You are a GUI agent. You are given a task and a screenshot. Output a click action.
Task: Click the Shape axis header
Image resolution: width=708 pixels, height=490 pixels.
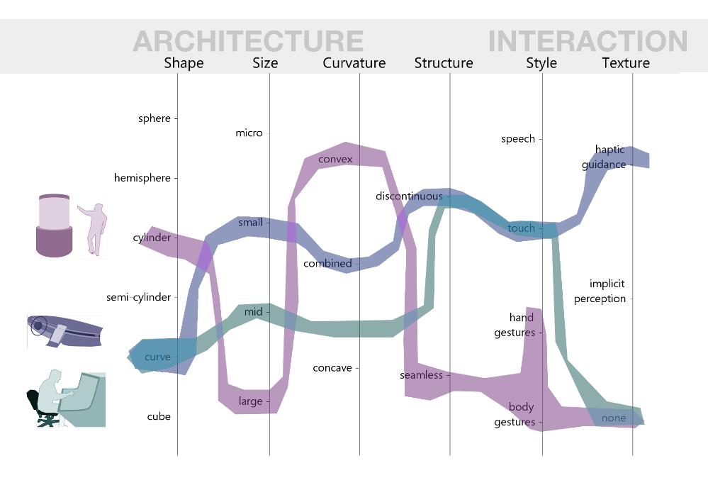coord(184,63)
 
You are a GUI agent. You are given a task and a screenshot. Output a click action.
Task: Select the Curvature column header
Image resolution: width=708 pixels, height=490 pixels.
coord(354,63)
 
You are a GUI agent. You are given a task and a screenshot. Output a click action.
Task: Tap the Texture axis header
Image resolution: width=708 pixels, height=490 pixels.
coord(626,63)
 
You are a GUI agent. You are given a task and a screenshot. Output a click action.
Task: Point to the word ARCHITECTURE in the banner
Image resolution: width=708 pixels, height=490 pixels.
coord(248,41)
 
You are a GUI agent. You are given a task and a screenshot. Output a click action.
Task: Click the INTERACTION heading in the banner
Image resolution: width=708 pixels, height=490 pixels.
coord(588,41)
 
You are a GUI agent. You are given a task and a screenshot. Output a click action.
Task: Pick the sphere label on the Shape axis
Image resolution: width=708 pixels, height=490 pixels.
coord(154,118)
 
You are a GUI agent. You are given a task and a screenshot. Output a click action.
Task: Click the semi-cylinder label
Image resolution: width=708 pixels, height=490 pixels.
coord(138,297)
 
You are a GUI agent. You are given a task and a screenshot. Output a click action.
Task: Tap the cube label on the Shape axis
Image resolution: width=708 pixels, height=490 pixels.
coord(159,416)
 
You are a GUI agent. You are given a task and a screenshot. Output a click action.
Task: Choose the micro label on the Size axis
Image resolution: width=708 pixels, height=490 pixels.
coord(249,133)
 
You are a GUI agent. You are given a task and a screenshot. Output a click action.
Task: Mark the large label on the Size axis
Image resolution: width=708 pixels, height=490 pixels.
coord(250,401)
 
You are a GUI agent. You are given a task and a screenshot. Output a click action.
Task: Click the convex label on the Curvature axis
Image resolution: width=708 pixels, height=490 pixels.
coord(335,159)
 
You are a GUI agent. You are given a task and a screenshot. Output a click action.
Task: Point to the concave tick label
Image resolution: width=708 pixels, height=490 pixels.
coord(332,368)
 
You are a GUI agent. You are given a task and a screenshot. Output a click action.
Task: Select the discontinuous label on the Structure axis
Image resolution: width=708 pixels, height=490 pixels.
coord(409,196)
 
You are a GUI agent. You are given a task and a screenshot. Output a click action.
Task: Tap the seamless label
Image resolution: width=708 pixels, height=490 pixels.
coord(421,375)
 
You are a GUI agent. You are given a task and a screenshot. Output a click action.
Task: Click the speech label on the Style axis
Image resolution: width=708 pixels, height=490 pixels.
coord(518,139)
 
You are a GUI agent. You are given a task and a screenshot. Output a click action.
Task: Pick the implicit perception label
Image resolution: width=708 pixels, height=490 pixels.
coord(600,291)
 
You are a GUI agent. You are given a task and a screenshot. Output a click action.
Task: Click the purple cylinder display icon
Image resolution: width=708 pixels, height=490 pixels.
coord(54,225)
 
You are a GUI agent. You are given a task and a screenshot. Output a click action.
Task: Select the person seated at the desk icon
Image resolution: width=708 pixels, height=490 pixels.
coord(65,399)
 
